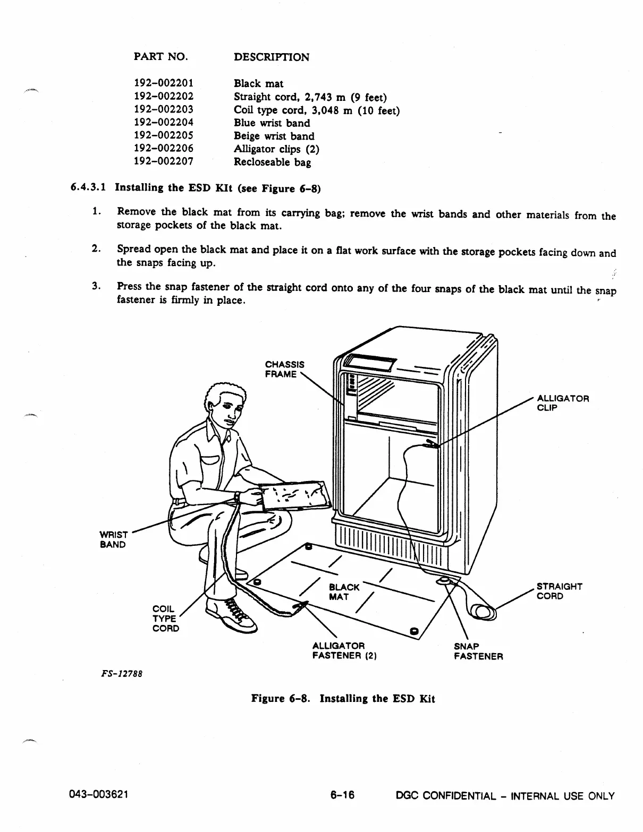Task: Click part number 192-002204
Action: pos(163,123)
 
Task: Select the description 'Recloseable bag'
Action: pos(272,162)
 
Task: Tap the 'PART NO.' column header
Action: pos(160,57)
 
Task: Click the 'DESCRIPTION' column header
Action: pos(272,57)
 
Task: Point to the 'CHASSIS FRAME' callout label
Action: pos(284,370)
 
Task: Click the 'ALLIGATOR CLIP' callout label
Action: pos(563,403)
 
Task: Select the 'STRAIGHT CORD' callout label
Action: pos(559,591)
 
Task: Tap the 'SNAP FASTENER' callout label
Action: pos(478,651)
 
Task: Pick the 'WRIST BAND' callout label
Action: pos(113,539)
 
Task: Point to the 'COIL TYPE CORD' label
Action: pos(165,618)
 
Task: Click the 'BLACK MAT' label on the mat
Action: pos(344,591)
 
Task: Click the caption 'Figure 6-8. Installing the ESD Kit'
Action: pos(343,699)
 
